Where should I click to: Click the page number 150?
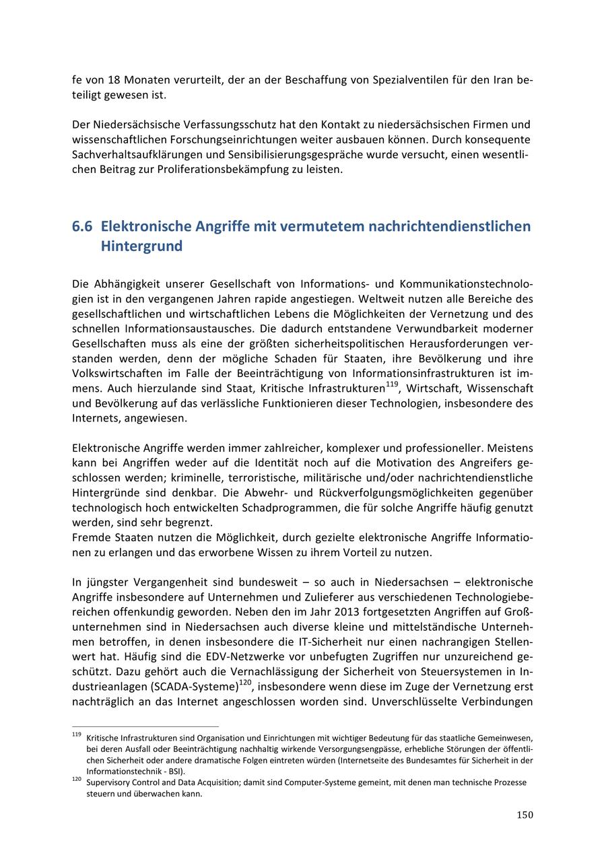(525, 815)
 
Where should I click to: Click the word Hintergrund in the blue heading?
(141, 246)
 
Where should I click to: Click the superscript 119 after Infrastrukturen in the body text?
(392, 385)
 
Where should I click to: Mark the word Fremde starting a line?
(90, 538)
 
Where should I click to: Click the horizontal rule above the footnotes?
(145, 727)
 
